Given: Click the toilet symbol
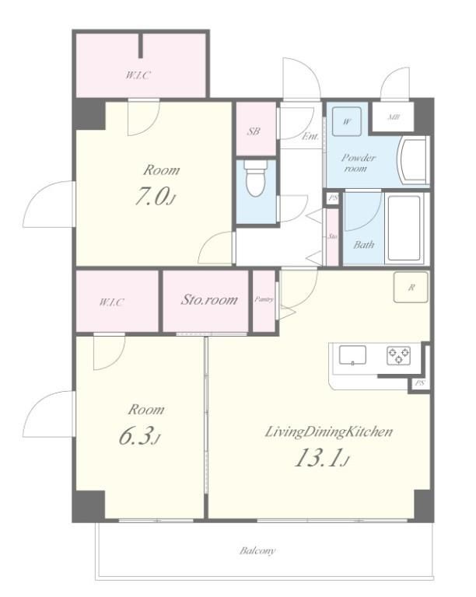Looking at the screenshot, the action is pos(256,178).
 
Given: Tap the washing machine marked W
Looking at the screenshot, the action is pos(347,121).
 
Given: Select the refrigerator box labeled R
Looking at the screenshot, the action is pos(411,288).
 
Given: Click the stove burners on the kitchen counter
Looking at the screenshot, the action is pos(398,355).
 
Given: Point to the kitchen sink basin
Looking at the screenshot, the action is pos(352,355).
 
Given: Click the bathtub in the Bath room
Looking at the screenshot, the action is pos(404,228).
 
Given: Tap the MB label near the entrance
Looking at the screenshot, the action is pos(394,117).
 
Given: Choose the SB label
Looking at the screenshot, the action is pos(254,131).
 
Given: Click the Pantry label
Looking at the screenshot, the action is pos(264,299).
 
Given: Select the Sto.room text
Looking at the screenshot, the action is pos(209,299).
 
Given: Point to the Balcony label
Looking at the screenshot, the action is pos(257,550).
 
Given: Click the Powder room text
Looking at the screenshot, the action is pos(359,162).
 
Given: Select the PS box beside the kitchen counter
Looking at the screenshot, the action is pos(420,383).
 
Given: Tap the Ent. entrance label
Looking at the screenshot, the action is pos(310,136).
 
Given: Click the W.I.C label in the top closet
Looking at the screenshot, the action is pos(138,75).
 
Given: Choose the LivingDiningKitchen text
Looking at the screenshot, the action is pos(329,432).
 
